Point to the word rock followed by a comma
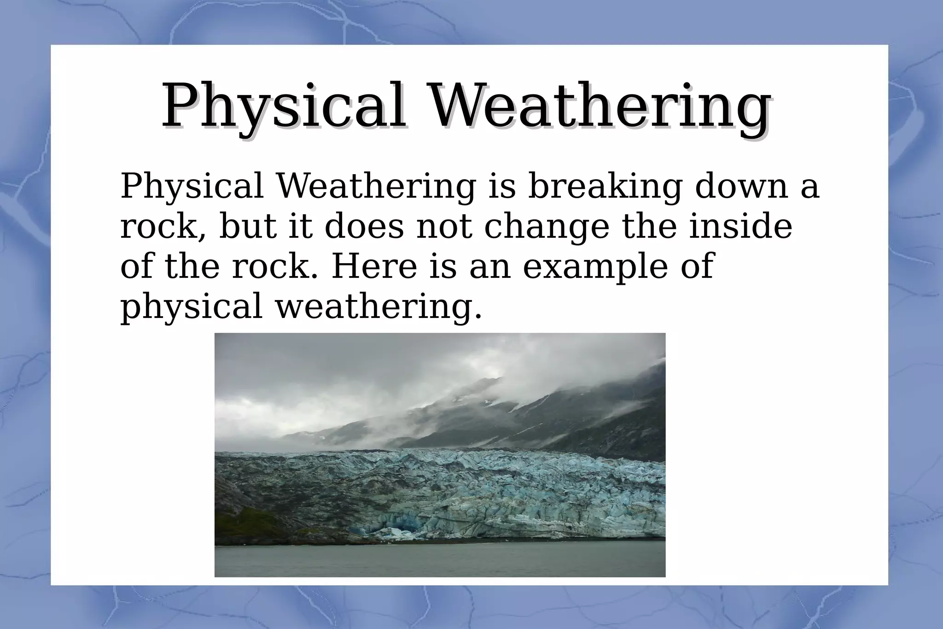coord(163,227)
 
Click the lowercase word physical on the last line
coord(191,307)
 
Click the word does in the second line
coord(364,226)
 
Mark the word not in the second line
coord(444,227)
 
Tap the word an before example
coord(490,267)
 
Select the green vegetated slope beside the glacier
coord(249,521)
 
